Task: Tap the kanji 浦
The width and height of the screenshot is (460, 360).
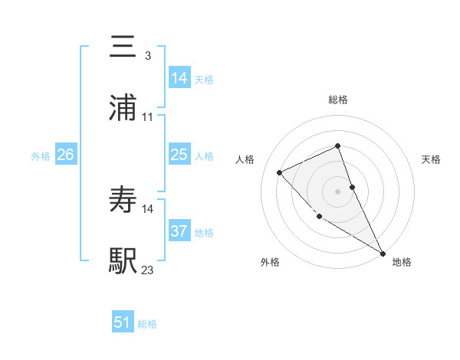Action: pyautogui.click(x=123, y=107)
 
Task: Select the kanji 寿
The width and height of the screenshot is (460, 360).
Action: pyautogui.click(x=123, y=199)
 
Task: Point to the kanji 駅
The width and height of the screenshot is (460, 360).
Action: pyautogui.click(x=123, y=260)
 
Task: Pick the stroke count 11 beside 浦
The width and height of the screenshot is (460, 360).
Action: pyautogui.click(x=148, y=116)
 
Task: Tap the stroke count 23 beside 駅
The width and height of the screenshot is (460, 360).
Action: pyautogui.click(x=148, y=270)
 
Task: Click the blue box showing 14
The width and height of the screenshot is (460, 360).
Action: pyautogui.click(x=179, y=77)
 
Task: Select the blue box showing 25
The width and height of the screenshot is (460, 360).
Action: pyautogui.click(x=179, y=155)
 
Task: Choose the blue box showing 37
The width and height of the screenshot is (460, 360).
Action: pyautogui.click(x=179, y=231)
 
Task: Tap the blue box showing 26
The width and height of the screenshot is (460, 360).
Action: pyautogui.click(x=65, y=155)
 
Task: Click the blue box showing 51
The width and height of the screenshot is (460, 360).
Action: pyautogui.click(x=123, y=322)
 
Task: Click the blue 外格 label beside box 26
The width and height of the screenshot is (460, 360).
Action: pyautogui.click(x=41, y=156)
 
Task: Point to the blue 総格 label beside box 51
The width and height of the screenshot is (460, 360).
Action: pyautogui.click(x=147, y=324)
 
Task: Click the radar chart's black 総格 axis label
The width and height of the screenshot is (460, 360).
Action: pyautogui.click(x=338, y=100)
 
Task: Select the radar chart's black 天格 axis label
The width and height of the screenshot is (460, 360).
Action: pyautogui.click(x=432, y=159)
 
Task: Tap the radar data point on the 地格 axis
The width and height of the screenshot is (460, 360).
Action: pyautogui.click(x=383, y=253)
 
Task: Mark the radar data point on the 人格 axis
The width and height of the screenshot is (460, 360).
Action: pyautogui.click(x=280, y=172)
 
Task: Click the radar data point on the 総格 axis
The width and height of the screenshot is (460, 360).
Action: pyautogui.click(x=338, y=146)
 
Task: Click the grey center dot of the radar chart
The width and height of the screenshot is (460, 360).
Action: pyautogui.click(x=338, y=191)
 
